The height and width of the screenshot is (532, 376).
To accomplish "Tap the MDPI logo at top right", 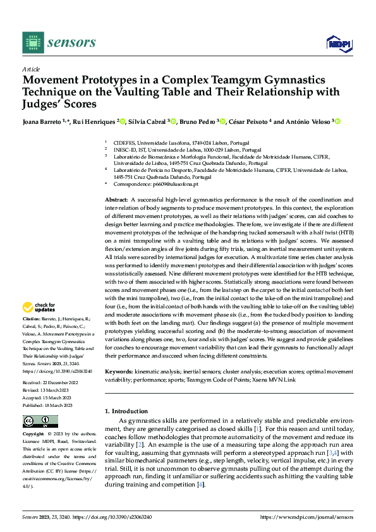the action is (x=337, y=42).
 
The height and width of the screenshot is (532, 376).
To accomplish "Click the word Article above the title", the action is (x=31, y=69).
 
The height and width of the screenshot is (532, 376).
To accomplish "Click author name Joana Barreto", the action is (x=44, y=122).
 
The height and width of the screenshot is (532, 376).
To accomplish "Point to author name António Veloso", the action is (x=308, y=122).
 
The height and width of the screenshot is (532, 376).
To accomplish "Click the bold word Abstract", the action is (x=117, y=199).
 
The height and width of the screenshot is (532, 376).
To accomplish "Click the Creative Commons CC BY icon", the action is (x=40, y=421).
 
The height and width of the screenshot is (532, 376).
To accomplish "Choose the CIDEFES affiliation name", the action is (x=125, y=144).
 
